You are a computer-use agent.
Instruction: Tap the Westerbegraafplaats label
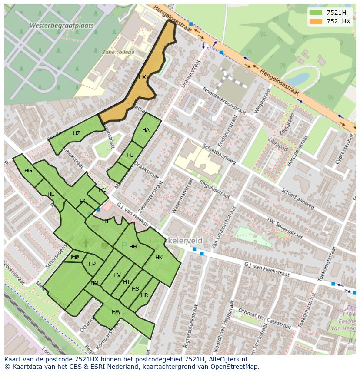[61, 26]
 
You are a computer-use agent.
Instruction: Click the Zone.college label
[118, 52]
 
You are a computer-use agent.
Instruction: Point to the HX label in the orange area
[142, 77]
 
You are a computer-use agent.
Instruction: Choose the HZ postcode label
[77, 133]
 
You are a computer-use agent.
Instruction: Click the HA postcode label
[146, 130]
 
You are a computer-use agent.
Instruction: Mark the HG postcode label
[28, 171]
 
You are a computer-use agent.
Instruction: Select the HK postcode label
[159, 258]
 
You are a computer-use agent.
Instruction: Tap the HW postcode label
[116, 312]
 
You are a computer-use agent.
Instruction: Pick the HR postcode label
[144, 295]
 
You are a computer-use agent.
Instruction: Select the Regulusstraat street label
[214, 188]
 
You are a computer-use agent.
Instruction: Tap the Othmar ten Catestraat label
[264, 319]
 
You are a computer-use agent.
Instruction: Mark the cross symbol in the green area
[86, 243]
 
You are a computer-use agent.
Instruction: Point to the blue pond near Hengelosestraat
[297, 79]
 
